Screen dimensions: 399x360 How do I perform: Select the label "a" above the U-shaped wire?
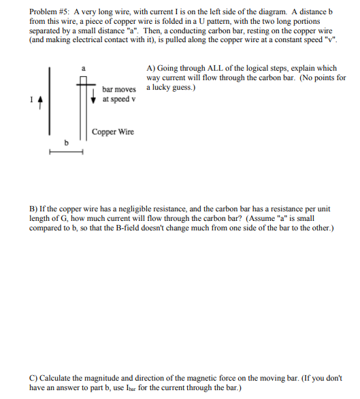(x=83, y=68)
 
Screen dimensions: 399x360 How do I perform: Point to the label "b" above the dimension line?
(x=66, y=143)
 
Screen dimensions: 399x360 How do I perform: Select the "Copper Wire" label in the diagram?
(x=113, y=132)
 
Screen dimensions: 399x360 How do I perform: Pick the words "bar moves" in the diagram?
(x=119, y=89)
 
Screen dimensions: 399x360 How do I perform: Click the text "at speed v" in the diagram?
(x=118, y=99)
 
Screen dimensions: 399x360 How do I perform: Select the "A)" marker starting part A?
(x=151, y=69)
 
